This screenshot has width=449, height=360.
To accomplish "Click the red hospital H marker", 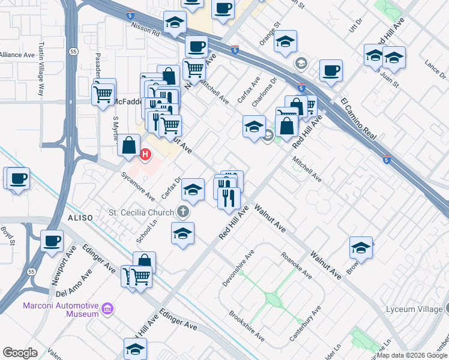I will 145,155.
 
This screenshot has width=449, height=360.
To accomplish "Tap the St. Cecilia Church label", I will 141,212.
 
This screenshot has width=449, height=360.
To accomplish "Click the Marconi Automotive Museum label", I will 61,310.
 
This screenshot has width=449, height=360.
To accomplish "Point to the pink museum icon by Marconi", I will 108,309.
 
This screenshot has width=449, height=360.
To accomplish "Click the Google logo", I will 20,352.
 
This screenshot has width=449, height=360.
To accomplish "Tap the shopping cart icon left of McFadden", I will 103,94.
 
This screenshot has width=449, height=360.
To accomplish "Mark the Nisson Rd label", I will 144,28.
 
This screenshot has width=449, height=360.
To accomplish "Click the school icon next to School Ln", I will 182,233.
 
